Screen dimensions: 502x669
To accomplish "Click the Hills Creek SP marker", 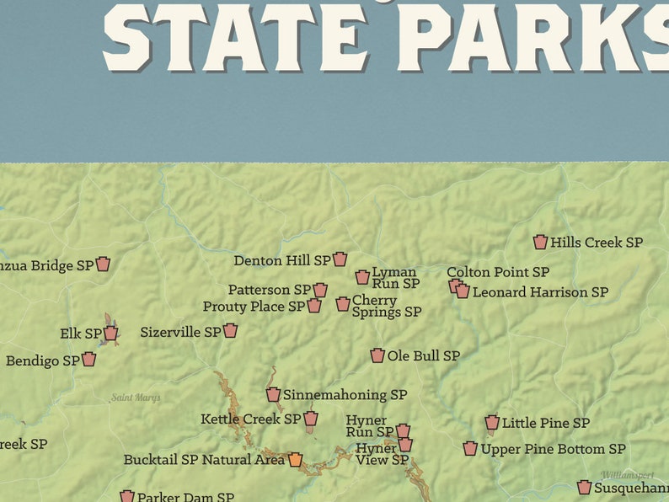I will point(540,243).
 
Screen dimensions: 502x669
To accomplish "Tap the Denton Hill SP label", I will point(282,260).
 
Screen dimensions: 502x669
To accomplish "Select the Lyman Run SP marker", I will point(362,277).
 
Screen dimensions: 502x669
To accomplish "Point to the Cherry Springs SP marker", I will point(343,304).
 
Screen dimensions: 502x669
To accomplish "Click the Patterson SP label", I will point(269,290).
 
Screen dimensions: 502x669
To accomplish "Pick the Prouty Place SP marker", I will point(314,306).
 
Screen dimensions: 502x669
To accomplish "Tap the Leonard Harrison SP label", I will point(540,292).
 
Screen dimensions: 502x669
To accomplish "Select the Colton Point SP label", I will point(498,272).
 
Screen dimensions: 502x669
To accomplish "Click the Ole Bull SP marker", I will point(377,356).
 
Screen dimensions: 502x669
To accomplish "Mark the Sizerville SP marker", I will point(230,331).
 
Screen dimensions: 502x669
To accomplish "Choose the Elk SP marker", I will point(110,334).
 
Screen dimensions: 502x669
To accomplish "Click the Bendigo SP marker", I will point(88,360).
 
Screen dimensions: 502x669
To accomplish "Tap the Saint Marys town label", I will point(136,398).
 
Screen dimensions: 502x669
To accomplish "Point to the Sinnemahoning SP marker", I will point(274,395).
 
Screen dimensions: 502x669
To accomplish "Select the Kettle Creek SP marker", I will point(311,419).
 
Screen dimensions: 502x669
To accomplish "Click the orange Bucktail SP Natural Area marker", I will point(295,460).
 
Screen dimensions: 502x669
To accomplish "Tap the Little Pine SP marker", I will point(492,423).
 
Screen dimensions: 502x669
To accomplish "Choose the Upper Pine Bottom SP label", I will point(553,449).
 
